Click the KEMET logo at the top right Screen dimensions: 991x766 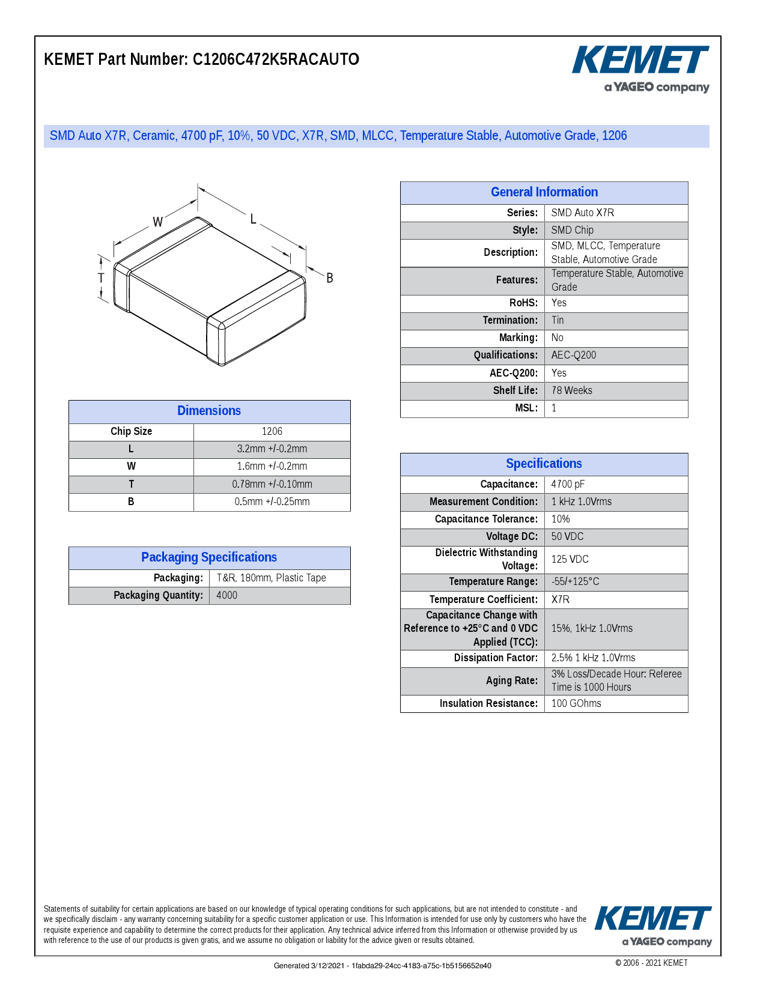pyautogui.click(x=640, y=61)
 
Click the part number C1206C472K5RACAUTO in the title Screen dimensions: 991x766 pyautogui.click(x=276, y=59)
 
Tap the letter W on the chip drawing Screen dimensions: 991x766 pyautogui.click(x=157, y=222)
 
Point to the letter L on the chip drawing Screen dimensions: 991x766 pyautogui.click(x=254, y=219)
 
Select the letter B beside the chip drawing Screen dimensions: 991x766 pyautogui.click(x=329, y=278)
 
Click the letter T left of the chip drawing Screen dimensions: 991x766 pyautogui.click(x=101, y=278)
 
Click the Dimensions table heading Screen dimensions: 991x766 pyautogui.click(x=209, y=411)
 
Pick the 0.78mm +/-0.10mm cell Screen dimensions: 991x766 pyautogui.click(x=272, y=484)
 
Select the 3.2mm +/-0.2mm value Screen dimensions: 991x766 pyautogui.click(x=272, y=449)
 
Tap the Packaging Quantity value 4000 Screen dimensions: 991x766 pyautogui.click(x=227, y=595)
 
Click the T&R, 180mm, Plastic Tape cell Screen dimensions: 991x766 pyautogui.click(x=272, y=578)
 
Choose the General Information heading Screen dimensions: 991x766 pyautogui.click(x=544, y=192)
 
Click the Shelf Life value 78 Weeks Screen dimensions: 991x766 pyautogui.click(x=572, y=390)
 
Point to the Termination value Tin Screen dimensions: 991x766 pyautogui.click(x=558, y=320)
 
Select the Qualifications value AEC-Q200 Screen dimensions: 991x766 pyautogui.click(x=574, y=355)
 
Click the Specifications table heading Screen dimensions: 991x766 pyautogui.click(x=544, y=464)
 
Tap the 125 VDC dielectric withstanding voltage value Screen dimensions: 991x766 pyautogui.click(x=570, y=559)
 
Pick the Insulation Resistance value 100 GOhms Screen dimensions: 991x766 pyautogui.click(x=576, y=703)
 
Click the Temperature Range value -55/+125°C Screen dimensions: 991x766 pyautogui.click(x=576, y=581)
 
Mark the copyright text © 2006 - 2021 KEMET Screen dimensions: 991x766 pyautogui.click(x=651, y=963)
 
